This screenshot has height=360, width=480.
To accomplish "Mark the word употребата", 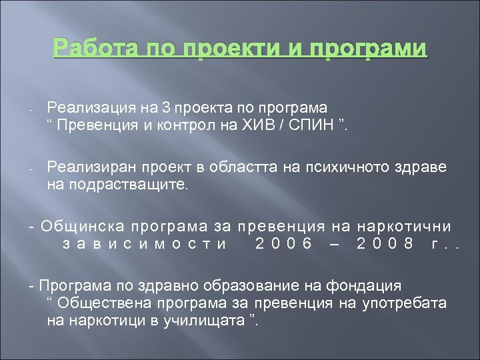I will (x=407, y=304).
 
